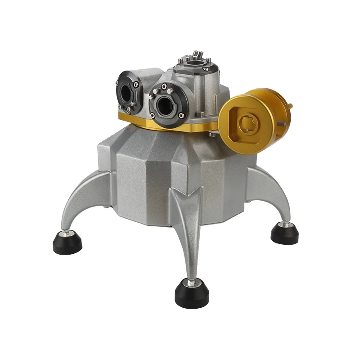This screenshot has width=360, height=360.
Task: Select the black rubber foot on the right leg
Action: pyautogui.click(x=284, y=234)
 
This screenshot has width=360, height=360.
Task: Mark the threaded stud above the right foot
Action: pyautogui.click(x=283, y=224)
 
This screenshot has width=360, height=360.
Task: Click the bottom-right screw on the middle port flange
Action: pyautogui.click(x=181, y=116)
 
